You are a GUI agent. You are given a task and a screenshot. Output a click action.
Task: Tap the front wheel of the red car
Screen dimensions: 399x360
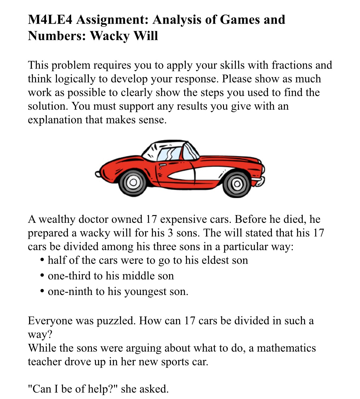(133, 183)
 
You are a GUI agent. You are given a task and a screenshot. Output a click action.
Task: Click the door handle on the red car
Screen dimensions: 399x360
(162, 165)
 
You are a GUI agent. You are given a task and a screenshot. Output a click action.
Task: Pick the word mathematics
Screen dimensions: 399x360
(286, 348)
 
